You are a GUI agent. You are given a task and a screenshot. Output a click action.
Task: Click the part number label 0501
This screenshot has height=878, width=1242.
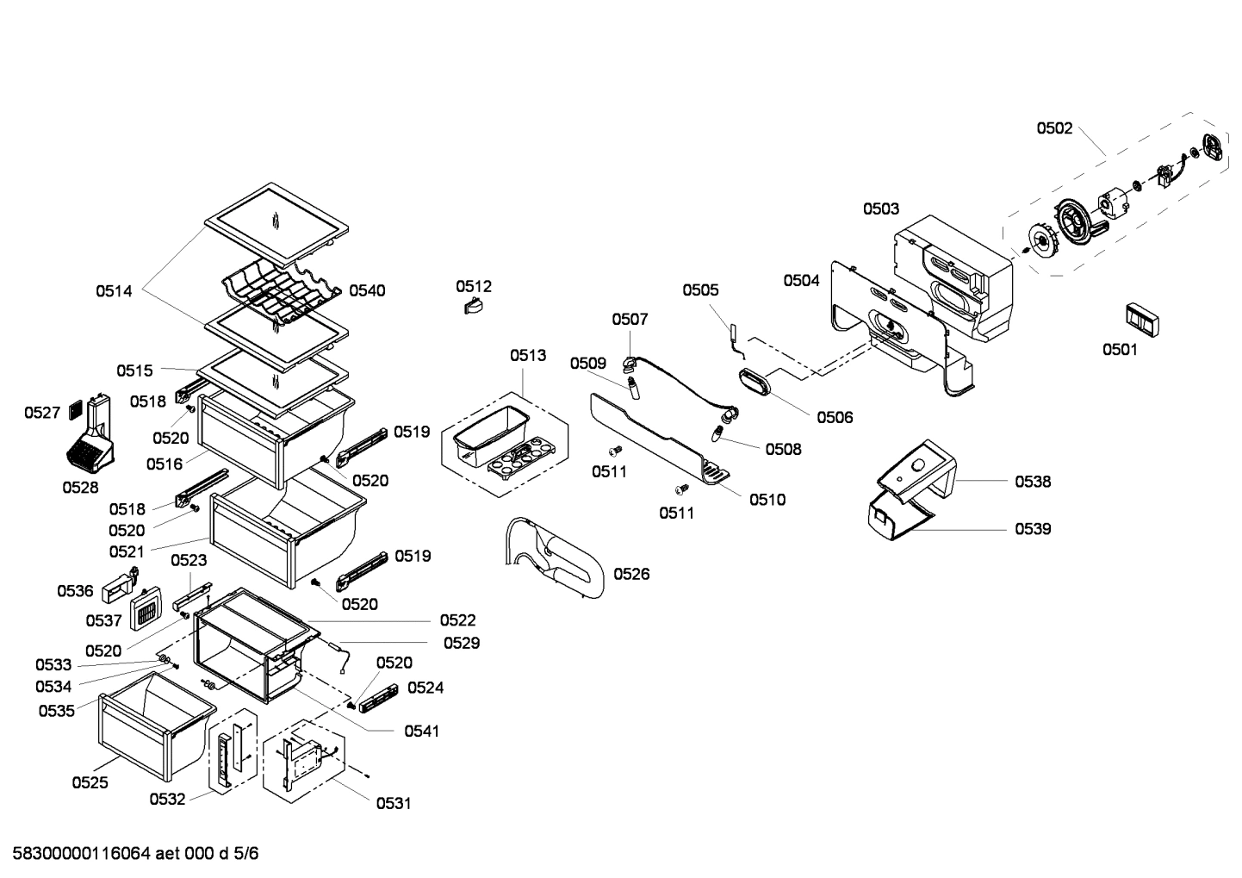tap(1120, 349)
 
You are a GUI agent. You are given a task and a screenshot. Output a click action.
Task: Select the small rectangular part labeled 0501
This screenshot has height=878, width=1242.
tap(1141, 320)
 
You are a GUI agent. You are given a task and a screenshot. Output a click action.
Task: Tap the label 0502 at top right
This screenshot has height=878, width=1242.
tap(1054, 128)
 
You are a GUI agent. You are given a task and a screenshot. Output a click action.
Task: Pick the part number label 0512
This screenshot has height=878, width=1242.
tap(474, 286)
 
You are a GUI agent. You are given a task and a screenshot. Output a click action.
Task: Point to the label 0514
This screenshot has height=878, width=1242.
tap(114, 291)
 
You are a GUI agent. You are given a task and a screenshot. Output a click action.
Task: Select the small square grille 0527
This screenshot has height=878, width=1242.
tap(75, 407)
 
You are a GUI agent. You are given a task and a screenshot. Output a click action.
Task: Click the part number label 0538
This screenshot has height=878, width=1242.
tap(1033, 482)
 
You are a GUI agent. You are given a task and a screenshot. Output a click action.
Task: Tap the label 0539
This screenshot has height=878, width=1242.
tap(1033, 529)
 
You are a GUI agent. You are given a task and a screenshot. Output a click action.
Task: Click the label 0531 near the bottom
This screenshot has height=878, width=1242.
tap(393, 804)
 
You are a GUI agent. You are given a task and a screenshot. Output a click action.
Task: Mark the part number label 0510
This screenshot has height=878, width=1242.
tap(767, 500)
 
